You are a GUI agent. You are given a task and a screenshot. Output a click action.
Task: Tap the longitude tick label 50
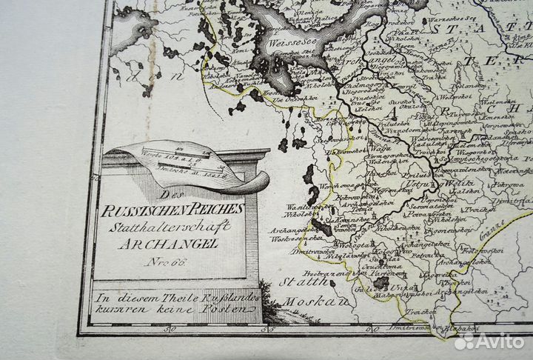point(171,330)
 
